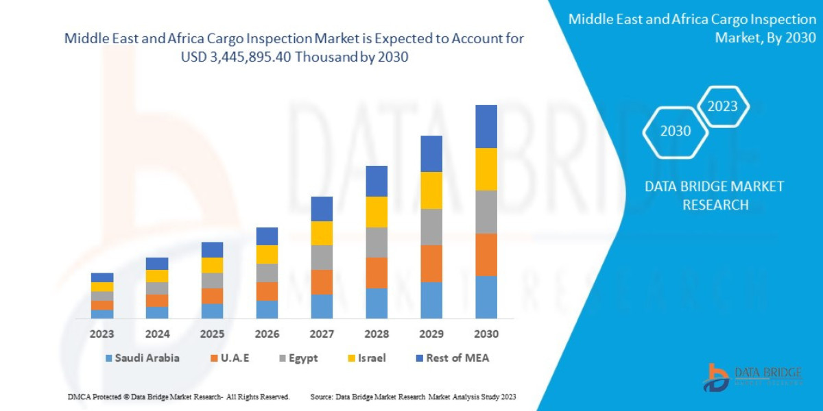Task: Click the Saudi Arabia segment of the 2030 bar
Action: pyautogui.click(x=486, y=297)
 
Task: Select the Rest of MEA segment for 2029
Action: pyautogui.click(x=431, y=153)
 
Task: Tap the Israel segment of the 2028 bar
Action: pyautogui.click(x=377, y=212)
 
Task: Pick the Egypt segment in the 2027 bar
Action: pyautogui.click(x=322, y=258)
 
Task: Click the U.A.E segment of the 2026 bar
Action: pyautogui.click(x=267, y=291)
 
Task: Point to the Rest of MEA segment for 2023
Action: pyautogui.click(x=102, y=277)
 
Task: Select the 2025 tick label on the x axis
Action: pyautogui.click(x=212, y=334)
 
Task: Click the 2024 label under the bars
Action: pyautogui.click(x=157, y=334)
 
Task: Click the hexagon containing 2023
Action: pyautogui.click(x=722, y=106)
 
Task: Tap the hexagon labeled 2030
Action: pyautogui.click(x=676, y=131)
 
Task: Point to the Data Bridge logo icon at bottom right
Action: pyautogui.click(x=717, y=377)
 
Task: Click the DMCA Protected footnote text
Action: pyautogui.click(x=178, y=397)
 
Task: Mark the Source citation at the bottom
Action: pyautogui.click(x=413, y=397)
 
